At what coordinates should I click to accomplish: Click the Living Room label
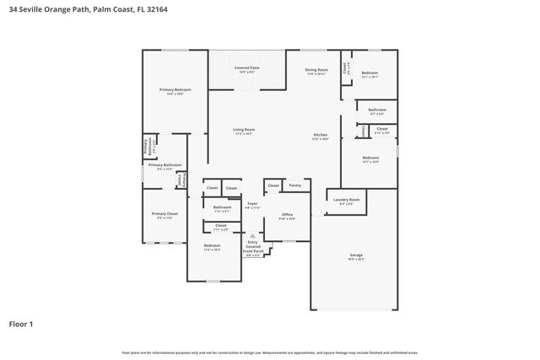(x=244, y=129)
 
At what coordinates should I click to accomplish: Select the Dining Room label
(x=316, y=70)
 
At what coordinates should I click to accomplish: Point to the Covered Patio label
(x=246, y=67)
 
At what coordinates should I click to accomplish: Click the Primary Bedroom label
(x=175, y=89)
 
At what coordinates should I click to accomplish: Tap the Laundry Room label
(x=348, y=200)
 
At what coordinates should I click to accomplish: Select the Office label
(x=287, y=215)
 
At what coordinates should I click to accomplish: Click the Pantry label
(x=294, y=185)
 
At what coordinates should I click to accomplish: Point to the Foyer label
(x=252, y=204)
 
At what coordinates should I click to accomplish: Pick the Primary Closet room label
(x=165, y=214)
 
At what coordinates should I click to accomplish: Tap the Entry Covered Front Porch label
(x=253, y=246)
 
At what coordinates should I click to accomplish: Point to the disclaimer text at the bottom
(x=270, y=352)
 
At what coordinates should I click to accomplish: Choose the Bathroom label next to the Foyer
(x=222, y=207)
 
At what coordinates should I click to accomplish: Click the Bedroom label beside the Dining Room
(x=370, y=73)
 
